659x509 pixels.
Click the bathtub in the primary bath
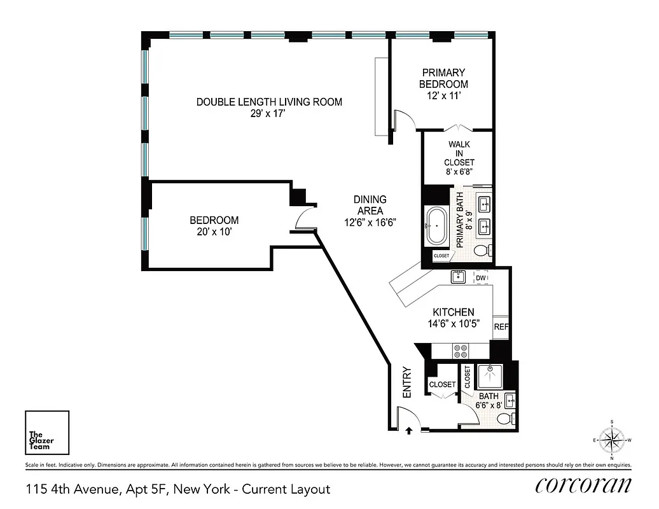point(437,225)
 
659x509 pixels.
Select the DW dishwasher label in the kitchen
point(482,278)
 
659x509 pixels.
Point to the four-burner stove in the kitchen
point(460,351)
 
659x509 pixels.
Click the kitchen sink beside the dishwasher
point(458,277)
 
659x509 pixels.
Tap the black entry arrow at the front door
point(408,430)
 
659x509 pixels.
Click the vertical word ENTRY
point(408,382)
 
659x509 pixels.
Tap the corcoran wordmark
point(583,485)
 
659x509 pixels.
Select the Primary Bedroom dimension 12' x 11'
point(443,95)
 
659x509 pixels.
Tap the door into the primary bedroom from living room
point(403,120)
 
